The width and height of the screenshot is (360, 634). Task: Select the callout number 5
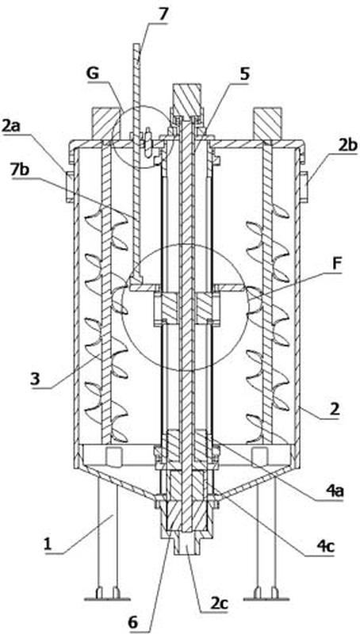244,74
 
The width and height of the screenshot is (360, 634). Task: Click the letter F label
337,266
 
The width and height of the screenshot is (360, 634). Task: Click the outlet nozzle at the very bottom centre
186,546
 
